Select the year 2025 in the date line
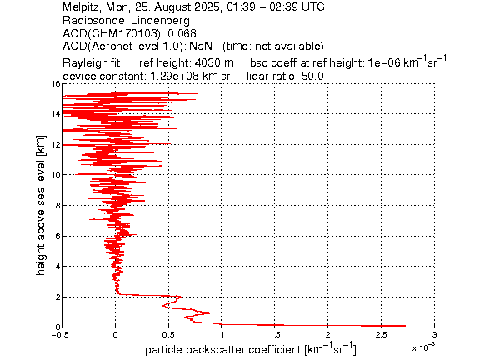pyautogui.click(x=206, y=7)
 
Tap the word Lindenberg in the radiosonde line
pyautogui.click(x=160, y=21)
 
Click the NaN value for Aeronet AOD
pyautogui.click(x=201, y=46)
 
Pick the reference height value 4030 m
pyautogui.click(x=214, y=63)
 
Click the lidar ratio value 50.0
pyautogui.click(x=312, y=76)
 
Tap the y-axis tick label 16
pyautogui.click(x=56, y=83)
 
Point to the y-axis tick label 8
pyautogui.click(x=57, y=205)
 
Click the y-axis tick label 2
pyautogui.click(x=57, y=297)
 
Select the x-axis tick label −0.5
pyautogui.click(x=61, y=335)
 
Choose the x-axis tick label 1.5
pyautogui.click(x=275, y=335)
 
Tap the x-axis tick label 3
pyautogui.click(x=434, y=335)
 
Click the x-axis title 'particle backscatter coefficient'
pyautogui.click(x=222, y=350)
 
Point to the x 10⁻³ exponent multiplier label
pyautogui.click(x=423, y=347)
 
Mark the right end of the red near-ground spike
pyautogui.click(x=406, y=326)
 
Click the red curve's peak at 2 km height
pyautogui.click(x=182, y=297)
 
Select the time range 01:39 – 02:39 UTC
pyautogui.click(x=276, y=7)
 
